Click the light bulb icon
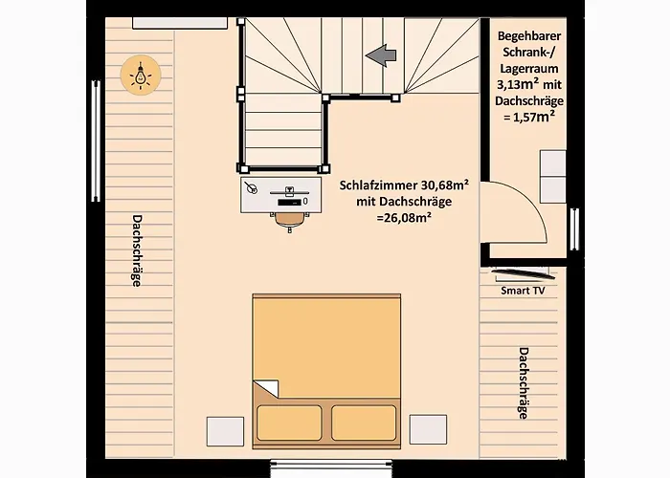[141, 75]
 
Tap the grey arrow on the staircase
[381, 55]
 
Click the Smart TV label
[523, 291]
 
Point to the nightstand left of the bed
[225, 431]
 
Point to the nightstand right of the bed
[428, 429]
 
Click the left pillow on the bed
[289, 423]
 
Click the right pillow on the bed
[364, 423]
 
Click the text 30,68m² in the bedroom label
[445, 185]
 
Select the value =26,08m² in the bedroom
[403, 217]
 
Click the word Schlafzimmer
[379, 185]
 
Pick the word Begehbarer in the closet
[529, 36]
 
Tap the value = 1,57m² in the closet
[529, 117]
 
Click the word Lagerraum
[529, 68]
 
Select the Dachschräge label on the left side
[137, 250]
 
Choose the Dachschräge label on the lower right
[524, 383]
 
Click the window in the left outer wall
[96, 141]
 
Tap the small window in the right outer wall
[574, 228]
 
